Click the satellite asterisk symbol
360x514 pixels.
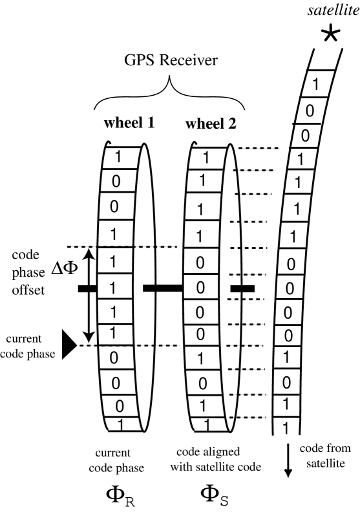point(332,34)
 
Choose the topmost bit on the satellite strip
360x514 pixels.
point(315,84)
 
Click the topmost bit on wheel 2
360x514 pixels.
point(205,157)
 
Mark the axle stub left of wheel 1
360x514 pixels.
point(88,288)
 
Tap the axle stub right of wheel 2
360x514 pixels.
point(243,288)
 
